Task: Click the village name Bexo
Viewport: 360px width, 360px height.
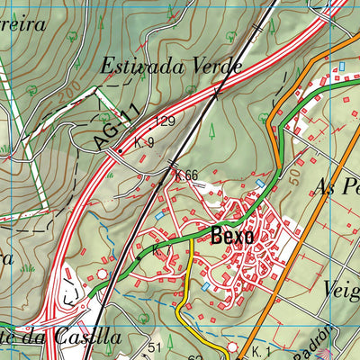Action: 232,237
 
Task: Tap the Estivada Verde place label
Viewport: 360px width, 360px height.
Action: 171,67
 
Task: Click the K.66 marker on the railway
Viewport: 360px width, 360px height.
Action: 186,175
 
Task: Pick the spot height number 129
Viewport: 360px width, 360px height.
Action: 164,120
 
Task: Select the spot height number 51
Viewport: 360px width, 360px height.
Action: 154,347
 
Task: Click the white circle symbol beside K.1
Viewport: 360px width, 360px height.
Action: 234,346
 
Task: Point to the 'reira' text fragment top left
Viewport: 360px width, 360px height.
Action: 25,23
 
